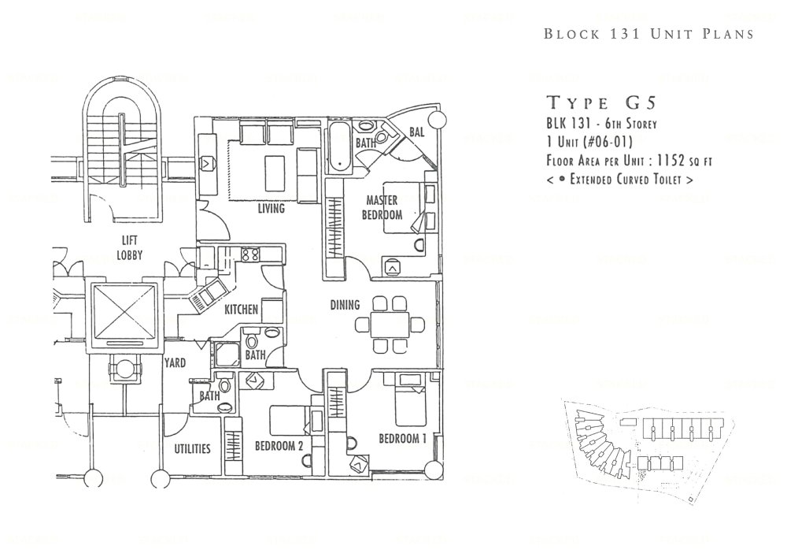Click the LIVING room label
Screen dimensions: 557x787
[271, 210]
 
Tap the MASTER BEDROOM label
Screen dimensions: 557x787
[382, 208]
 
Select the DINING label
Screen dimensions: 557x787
[345, 305]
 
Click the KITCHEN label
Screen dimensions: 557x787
[242, 310]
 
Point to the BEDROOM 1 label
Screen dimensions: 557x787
[402, 439]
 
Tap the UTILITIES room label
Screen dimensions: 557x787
[192, 449]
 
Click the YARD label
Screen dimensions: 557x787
[175, 364]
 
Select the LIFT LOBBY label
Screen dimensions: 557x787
[130, 250]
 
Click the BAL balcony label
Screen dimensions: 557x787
[417, 132]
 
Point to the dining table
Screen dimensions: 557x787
[386, 323]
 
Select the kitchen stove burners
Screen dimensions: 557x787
[250, 254]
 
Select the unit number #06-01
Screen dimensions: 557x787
[602, 143]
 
